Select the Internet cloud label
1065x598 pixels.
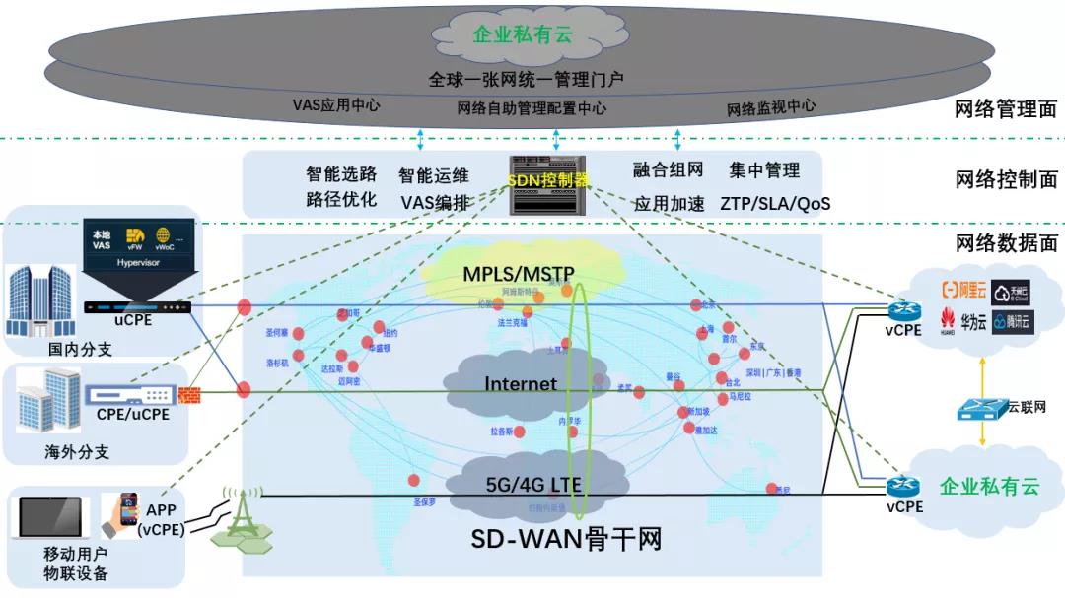521,383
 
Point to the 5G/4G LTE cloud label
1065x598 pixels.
532,484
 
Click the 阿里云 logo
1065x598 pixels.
961,290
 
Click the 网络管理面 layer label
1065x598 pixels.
1006,109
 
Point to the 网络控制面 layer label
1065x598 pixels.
1006,180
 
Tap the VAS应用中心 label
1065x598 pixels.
336,104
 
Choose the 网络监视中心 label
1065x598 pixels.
771,107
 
